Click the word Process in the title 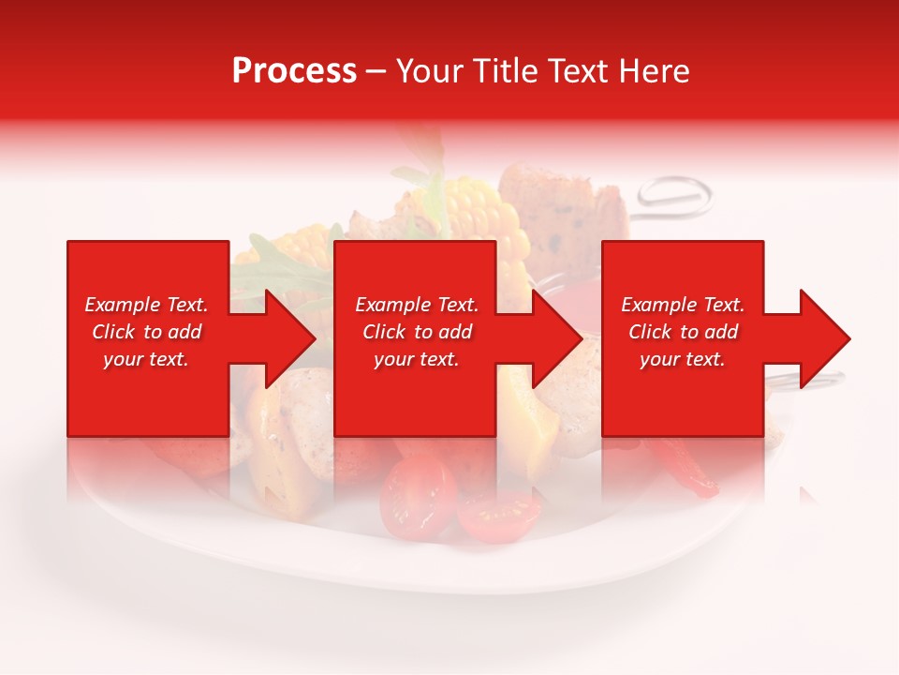coord(294,71)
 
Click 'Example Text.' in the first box coord(146,305)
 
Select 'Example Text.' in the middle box coord(417,305)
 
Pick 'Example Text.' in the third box coord(683,305)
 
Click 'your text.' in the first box coord(146,359)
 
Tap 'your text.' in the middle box coord(417,359)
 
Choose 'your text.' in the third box coord(683,359)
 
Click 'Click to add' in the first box coord(146,332)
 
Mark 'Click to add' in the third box coord(683,332)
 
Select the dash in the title coord(376,71)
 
